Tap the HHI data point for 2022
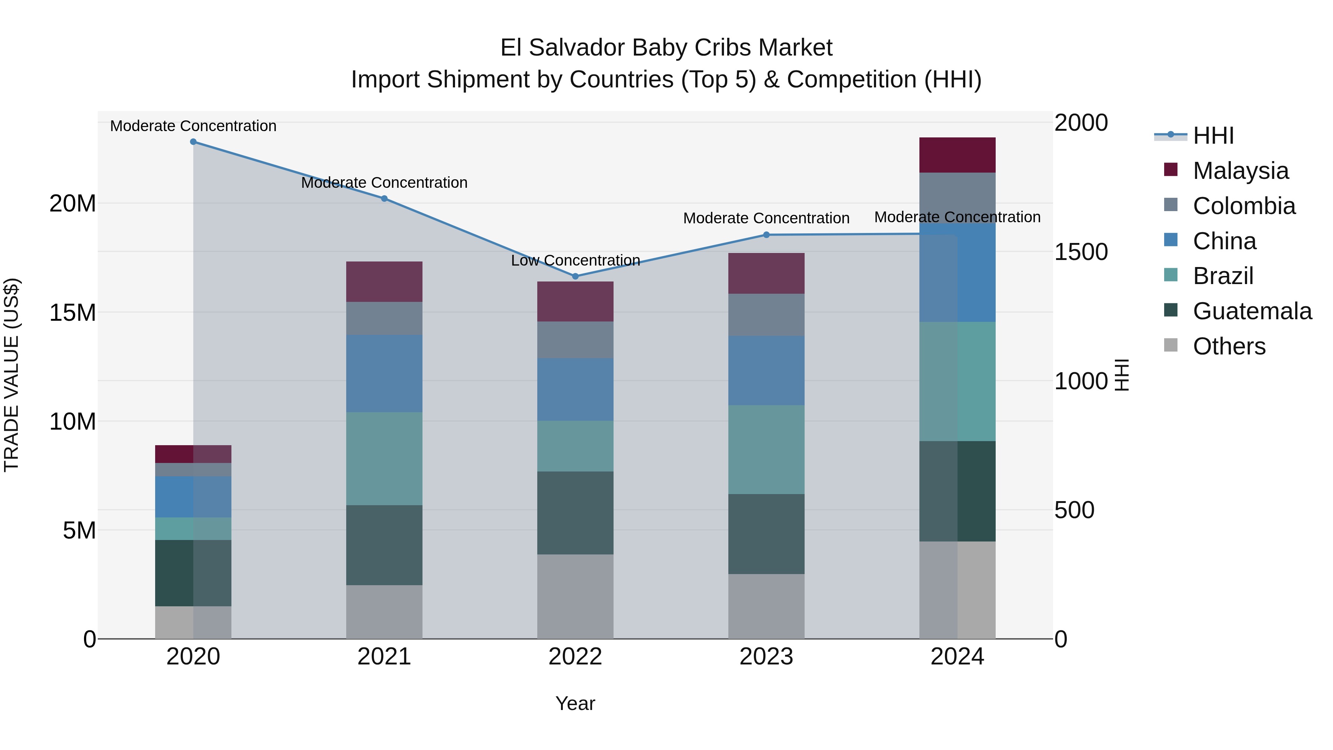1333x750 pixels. [x=575, y=276]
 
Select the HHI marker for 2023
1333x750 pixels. [x=766, y=234]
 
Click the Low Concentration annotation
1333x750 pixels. [x=575, y=260]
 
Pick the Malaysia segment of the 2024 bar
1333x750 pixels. [x=957, y=155]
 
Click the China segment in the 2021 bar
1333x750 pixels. [x=384, y=373]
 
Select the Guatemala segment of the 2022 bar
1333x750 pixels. [x=575, y=513]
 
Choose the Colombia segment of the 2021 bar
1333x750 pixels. [x=384, y=318]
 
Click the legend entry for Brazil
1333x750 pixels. [x=1222, y=276]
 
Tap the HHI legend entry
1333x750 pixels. [x=1213, y=136]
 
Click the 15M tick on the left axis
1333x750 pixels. [x=73, y=313]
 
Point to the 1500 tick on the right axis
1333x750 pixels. [x=1080, y=252]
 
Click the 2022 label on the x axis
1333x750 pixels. [x=575, y=657]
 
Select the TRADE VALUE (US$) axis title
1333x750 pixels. [x=11, y=375]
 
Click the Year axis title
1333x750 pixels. [x=575, y=703]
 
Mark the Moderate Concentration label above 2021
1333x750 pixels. [x=384, y=183]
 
